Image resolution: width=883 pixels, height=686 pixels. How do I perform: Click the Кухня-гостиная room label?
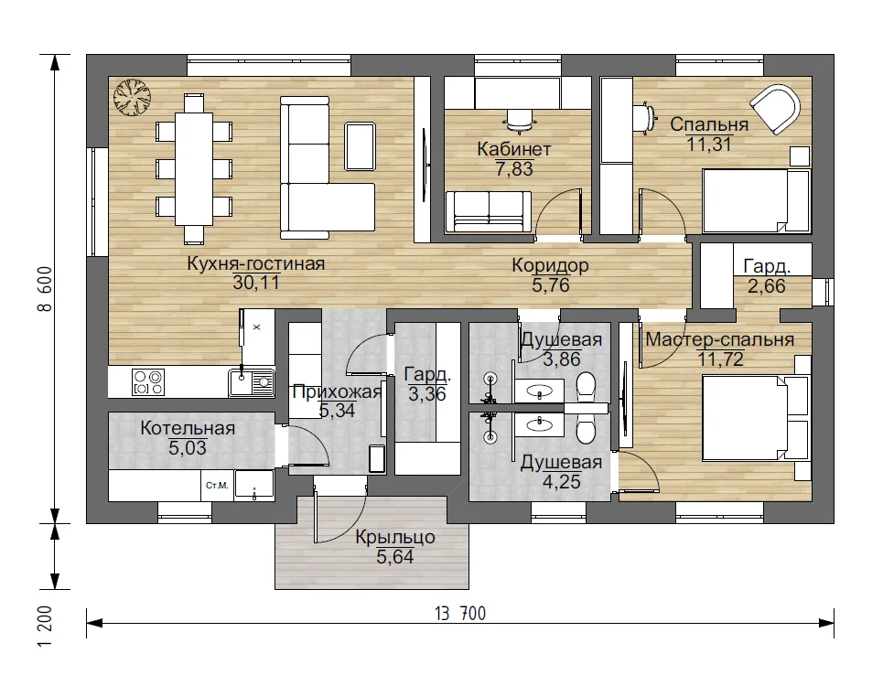coord(255,263)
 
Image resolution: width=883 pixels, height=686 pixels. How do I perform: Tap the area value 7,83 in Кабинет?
coord(514,169)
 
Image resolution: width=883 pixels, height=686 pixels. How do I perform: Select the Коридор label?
coord(550,265)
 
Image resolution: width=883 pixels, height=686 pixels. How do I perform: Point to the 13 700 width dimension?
coord(460,613)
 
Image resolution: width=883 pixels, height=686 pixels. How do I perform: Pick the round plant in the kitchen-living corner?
coord(133,97)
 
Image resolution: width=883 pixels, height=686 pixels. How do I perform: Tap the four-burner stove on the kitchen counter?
coord(148,382)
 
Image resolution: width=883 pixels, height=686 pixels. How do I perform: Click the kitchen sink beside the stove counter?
coord(252,382)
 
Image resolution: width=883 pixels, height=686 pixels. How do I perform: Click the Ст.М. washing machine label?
coord(217,485)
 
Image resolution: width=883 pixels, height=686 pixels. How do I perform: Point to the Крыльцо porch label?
coord(395,537)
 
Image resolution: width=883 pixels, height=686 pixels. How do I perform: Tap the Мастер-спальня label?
coord(720,339)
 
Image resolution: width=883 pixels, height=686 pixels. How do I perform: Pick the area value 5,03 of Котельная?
coord(188,448)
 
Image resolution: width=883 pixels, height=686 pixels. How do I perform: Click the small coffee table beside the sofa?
coord(360,146)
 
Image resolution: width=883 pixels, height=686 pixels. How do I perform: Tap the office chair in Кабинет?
coord(519,119)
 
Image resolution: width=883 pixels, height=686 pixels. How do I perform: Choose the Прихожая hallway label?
coord(337,391)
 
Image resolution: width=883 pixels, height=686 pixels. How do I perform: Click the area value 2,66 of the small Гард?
coord(767,286)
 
